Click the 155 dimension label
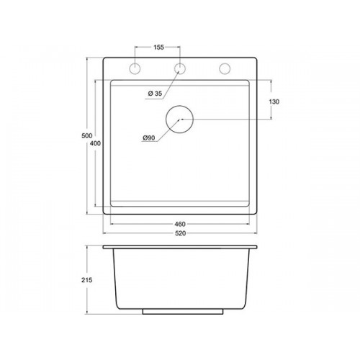pos(158,48)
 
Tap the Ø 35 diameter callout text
pos(155,94)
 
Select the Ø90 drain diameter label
pos(149,138)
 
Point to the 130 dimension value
pos(274,102)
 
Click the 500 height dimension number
pos(87,136)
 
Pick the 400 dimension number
pos(95,143)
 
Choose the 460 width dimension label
pos(180,224)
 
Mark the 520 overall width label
pos(180,233)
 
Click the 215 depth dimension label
pos(86,280)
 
